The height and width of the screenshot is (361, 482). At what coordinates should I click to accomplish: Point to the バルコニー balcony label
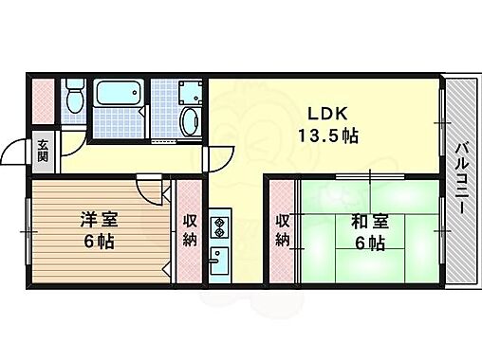click(461, 180)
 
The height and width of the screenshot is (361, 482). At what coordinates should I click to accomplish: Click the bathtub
click(119, 96)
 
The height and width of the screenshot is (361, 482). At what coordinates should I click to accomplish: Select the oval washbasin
click(189, 121)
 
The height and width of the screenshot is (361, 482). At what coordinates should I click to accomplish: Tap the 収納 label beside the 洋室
click(189, 228)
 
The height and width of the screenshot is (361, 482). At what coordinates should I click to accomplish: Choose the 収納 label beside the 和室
click(283, 228)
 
